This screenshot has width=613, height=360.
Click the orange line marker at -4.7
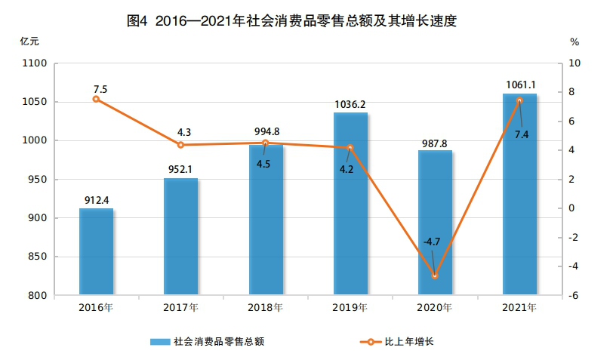click(x=435, y=276)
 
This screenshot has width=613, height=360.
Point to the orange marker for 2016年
click(x=97, y=99)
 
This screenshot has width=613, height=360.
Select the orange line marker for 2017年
click(x=181, y=145)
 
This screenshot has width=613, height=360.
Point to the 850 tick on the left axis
click(x=38, y=257)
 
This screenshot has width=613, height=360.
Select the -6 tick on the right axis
click(x=574, y=296)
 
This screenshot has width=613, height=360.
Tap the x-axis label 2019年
click(x=350, y=308)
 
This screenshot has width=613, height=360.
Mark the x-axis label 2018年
click(x=265, y=308)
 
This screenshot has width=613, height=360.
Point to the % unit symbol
click(x=574, y=42)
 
